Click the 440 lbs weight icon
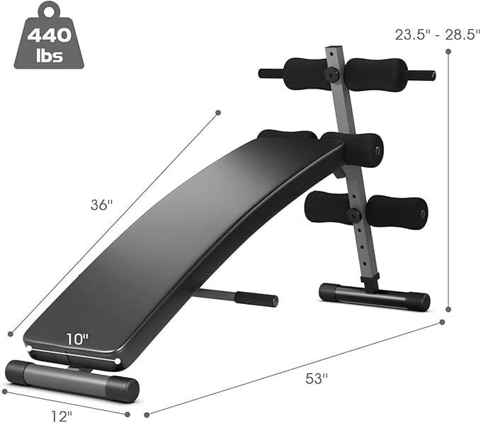(x=49, y=36)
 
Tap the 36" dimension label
(x=102, y=205)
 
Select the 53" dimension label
(x=317, y=379)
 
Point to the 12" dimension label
(x=62, y=417)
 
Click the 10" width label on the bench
(x=78, y=339)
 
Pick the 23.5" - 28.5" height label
(x=437, y=35)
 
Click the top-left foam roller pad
(x=305, y=74)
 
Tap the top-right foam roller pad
(x=375, y=75)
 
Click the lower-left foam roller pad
(x=327, y=208)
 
